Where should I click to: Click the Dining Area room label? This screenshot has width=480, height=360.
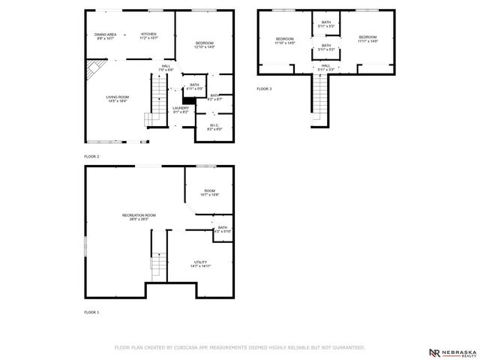coord(105,36)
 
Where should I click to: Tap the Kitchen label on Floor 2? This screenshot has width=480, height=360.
coord(148,36)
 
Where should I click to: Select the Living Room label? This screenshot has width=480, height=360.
coord(117,98)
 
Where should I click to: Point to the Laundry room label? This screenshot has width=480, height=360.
coord(180,109)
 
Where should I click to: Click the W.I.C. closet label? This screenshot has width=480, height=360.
coord(214,127)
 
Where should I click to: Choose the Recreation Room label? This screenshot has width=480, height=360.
coord(139,217)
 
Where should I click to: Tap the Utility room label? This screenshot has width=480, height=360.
coord(200,263)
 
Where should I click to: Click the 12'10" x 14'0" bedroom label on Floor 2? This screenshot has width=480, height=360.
coord(204,44)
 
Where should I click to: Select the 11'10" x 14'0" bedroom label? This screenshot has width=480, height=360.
coord(285,40)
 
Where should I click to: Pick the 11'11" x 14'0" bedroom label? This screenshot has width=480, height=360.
coord(367,39)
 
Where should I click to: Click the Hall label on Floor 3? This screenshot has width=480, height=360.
coord(326,67)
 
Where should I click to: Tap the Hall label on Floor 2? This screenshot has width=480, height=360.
coord(166,67)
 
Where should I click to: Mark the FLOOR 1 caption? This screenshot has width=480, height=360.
coord(91,311)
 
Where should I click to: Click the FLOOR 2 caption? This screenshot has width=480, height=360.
coord(91,156)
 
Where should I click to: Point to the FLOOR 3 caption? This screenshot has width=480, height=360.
coord(264,88)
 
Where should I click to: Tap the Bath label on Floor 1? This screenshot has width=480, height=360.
coord(223,229)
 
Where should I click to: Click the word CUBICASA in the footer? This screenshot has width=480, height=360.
coord(188,348)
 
